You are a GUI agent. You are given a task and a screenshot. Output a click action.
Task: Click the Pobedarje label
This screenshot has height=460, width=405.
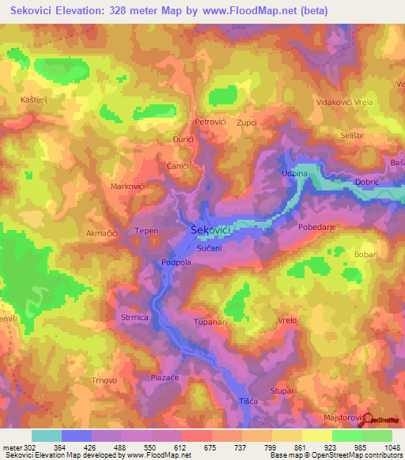319,227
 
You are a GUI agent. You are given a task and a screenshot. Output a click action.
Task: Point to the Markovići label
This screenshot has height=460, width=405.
127,187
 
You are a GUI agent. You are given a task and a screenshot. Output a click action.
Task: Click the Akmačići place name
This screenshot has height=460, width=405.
102,234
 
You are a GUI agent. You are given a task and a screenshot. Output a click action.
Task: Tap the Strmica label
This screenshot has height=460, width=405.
134,318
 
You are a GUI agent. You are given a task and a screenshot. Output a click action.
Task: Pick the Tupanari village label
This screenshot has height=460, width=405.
210,323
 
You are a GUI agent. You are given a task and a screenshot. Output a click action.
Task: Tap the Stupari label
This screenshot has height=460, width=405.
283,390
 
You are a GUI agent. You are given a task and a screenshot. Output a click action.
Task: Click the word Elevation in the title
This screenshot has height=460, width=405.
89,11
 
